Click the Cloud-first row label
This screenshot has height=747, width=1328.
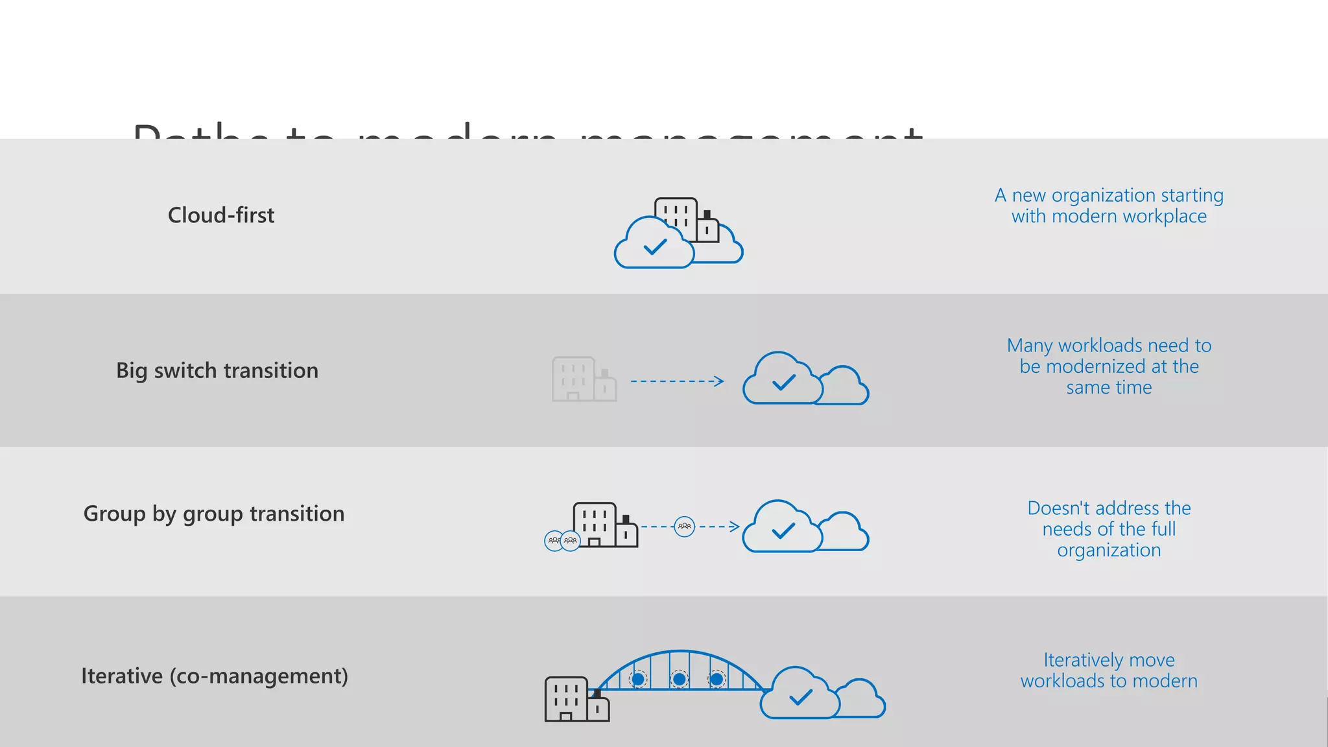[221, 215]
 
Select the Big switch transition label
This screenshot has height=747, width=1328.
[217, 370]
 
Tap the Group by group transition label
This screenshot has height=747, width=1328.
[214, 514]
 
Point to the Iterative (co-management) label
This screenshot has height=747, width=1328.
[215, 676]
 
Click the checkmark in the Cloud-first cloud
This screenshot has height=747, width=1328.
[655, 247]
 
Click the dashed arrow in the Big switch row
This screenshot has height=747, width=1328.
[677, 381]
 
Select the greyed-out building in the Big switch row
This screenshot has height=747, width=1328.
[583, 379]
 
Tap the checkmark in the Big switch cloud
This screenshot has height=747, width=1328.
[784, 383]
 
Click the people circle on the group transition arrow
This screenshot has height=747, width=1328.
[685, 526]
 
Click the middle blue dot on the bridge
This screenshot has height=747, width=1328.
[679, 679]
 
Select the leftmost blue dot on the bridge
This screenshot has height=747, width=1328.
[638, 679]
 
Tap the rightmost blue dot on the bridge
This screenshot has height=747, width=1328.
[717, 679]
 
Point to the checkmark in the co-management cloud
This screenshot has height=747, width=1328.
[801, 698]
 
